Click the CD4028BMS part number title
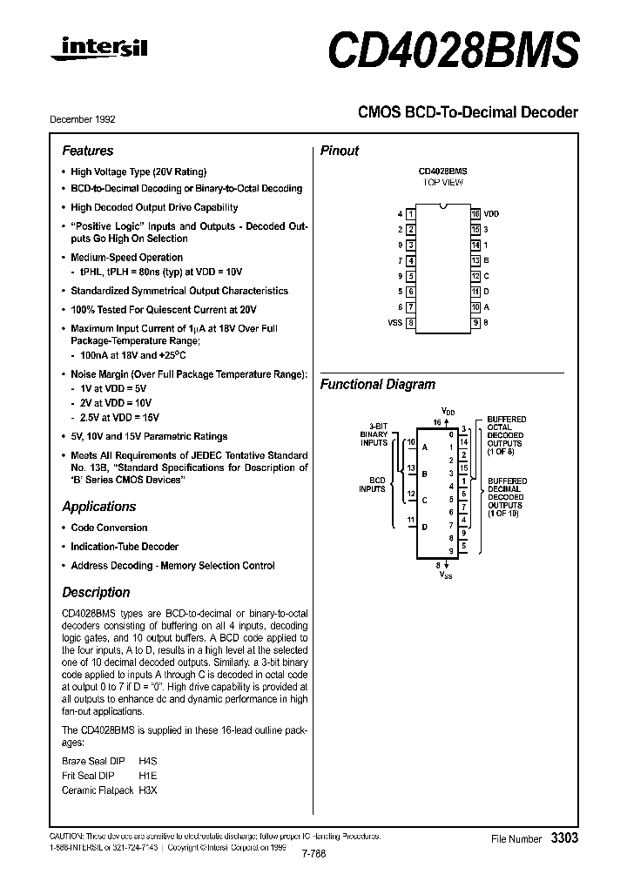[452, 50]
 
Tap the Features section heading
[87, 151]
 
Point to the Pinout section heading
[340, 151]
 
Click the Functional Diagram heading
[378, 385]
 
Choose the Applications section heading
[99, 507]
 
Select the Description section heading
[96, 593]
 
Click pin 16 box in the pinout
[475, 214]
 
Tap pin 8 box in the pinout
[410, 323]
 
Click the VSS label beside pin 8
[394, 323]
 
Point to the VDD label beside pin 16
[491, 214]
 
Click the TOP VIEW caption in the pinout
[443, 183]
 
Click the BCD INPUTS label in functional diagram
[373, 485]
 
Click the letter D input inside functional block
[424, 527]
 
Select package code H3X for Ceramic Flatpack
[148, 790]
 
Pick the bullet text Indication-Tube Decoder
[125, 547]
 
